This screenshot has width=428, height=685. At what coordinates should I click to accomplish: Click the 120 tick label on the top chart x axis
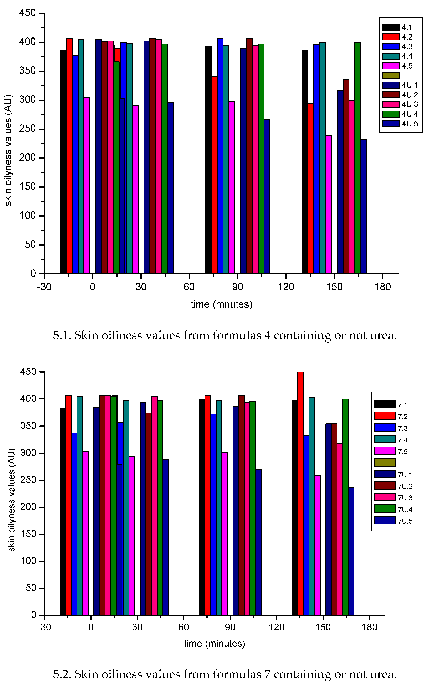(x=286, y=287)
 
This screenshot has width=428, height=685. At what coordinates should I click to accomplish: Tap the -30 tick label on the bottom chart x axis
(x=44, y=627)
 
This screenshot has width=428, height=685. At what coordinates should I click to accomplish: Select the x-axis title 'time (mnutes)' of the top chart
(x=221, y=304)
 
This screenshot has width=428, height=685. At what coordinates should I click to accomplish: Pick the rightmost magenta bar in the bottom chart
(x=317, y=545)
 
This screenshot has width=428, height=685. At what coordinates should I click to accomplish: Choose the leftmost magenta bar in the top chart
(x=87, y=186)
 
